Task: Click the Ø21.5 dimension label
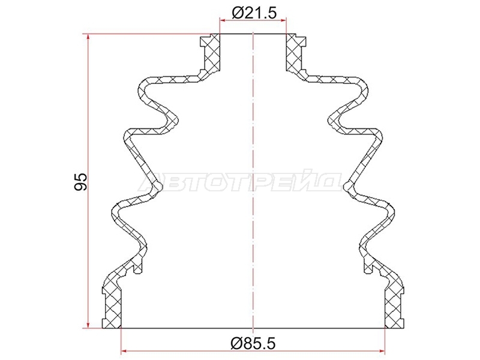[x=254, y=13]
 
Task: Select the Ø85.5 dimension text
[x=253, y=343]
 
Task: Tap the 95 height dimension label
[x=80, y=182]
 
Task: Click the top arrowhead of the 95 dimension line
[x=88, y=37]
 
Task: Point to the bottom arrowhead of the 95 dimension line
[x=88, y=325]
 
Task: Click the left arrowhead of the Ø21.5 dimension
[x=223, y=20]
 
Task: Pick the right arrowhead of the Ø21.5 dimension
[x=283, y=20]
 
